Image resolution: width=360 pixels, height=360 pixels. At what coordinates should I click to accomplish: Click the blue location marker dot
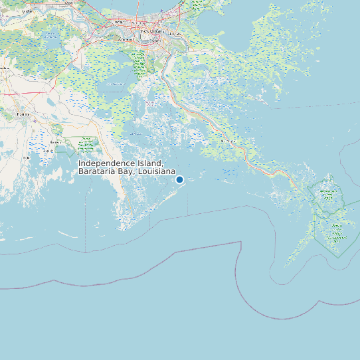(x=179, y=179)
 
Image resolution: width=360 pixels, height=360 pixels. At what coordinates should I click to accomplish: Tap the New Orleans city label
(x=152, y=31)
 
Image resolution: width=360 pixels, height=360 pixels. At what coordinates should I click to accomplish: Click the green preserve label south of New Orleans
(x=139, y=65)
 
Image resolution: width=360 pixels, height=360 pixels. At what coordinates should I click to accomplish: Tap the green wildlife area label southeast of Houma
(x=86, y=142)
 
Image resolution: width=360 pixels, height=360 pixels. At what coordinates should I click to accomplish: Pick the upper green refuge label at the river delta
(x=327, y=194)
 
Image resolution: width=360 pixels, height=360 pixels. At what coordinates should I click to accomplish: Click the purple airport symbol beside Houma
(x=34, y=120)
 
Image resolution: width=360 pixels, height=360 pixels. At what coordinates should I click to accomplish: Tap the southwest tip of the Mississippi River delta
(x=287, y=265)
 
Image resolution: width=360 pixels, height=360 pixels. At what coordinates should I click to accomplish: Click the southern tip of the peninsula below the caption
(x=123, y=229)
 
